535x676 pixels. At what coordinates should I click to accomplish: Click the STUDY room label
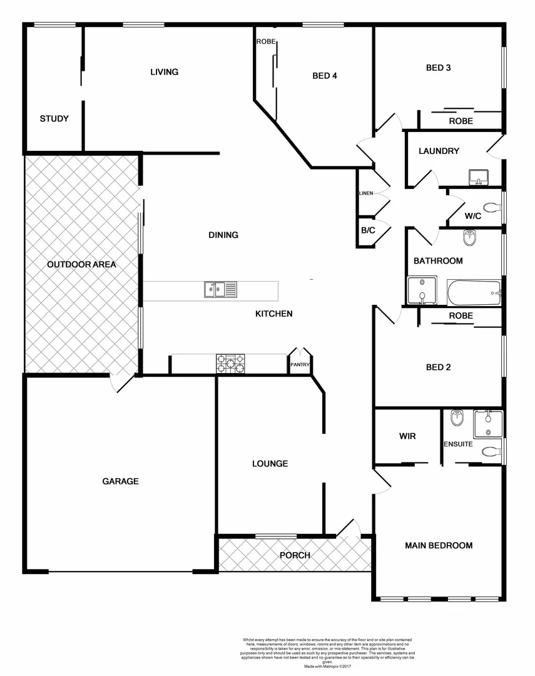click(54, 119)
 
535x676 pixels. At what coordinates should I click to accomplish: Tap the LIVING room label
click(164, 72)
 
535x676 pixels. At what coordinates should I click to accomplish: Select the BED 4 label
click(325, 76)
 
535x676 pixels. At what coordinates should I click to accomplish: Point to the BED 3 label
click(438, 68)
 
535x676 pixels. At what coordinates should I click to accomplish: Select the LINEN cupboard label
click(366, 193)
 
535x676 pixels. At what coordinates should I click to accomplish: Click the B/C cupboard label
click(368, 230)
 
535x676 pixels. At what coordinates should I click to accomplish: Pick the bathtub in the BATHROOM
click(474, 292)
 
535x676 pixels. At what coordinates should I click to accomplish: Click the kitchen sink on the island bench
click(220, 290)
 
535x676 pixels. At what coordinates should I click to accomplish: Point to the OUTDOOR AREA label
click(81, 265)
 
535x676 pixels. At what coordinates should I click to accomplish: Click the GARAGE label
click(120, 481)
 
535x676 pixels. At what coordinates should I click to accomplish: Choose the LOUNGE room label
click(270, 464)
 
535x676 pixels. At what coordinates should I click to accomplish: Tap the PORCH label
click(295, 555)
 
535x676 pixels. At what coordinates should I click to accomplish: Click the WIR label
click(407, 436)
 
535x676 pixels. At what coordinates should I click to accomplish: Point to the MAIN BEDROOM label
click(438, 546)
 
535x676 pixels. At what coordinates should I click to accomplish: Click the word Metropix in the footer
click(334, 667)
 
